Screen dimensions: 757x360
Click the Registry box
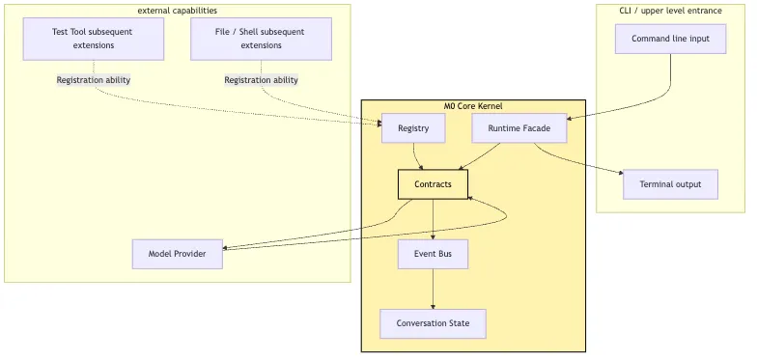pyautogui.click(x=413, y=128)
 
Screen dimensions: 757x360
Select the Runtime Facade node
pyautogui.click(x=519, y=128)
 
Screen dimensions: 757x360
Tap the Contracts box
pyautogui.click(x=433, y=184)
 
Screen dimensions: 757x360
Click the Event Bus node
pyautogui.click(x=433, y=254)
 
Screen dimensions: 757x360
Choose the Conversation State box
pyautogui.click(x=433, y=324)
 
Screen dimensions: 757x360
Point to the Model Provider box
pyautogui.click(x=178, y=254)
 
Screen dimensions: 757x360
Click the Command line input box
pyautogui.click(x=670, y=39)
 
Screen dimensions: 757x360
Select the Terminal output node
pyautogui.click(x=670, y=184)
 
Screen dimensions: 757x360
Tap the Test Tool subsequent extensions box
pyautogui.click(x=94, y=39)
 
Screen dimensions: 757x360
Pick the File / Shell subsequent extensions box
pyautogui.click(x=261, y=39)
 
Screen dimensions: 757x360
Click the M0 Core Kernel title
pyautogui.click(x=473, y=106)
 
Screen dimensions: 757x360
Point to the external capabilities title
pyautogui.click(x=178, y=10)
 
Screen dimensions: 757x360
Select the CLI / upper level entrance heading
pyautogui.click(x=670, y=10)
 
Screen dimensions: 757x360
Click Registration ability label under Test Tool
pyautogui.click(x=94, y=79)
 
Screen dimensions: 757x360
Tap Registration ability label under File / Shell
pyautogui.click(x=261, y=79)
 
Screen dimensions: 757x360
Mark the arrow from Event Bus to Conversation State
pyautogui.click(x=433, y=290)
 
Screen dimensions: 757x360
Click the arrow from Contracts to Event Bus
pyautogui.click(x=433, y=219)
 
